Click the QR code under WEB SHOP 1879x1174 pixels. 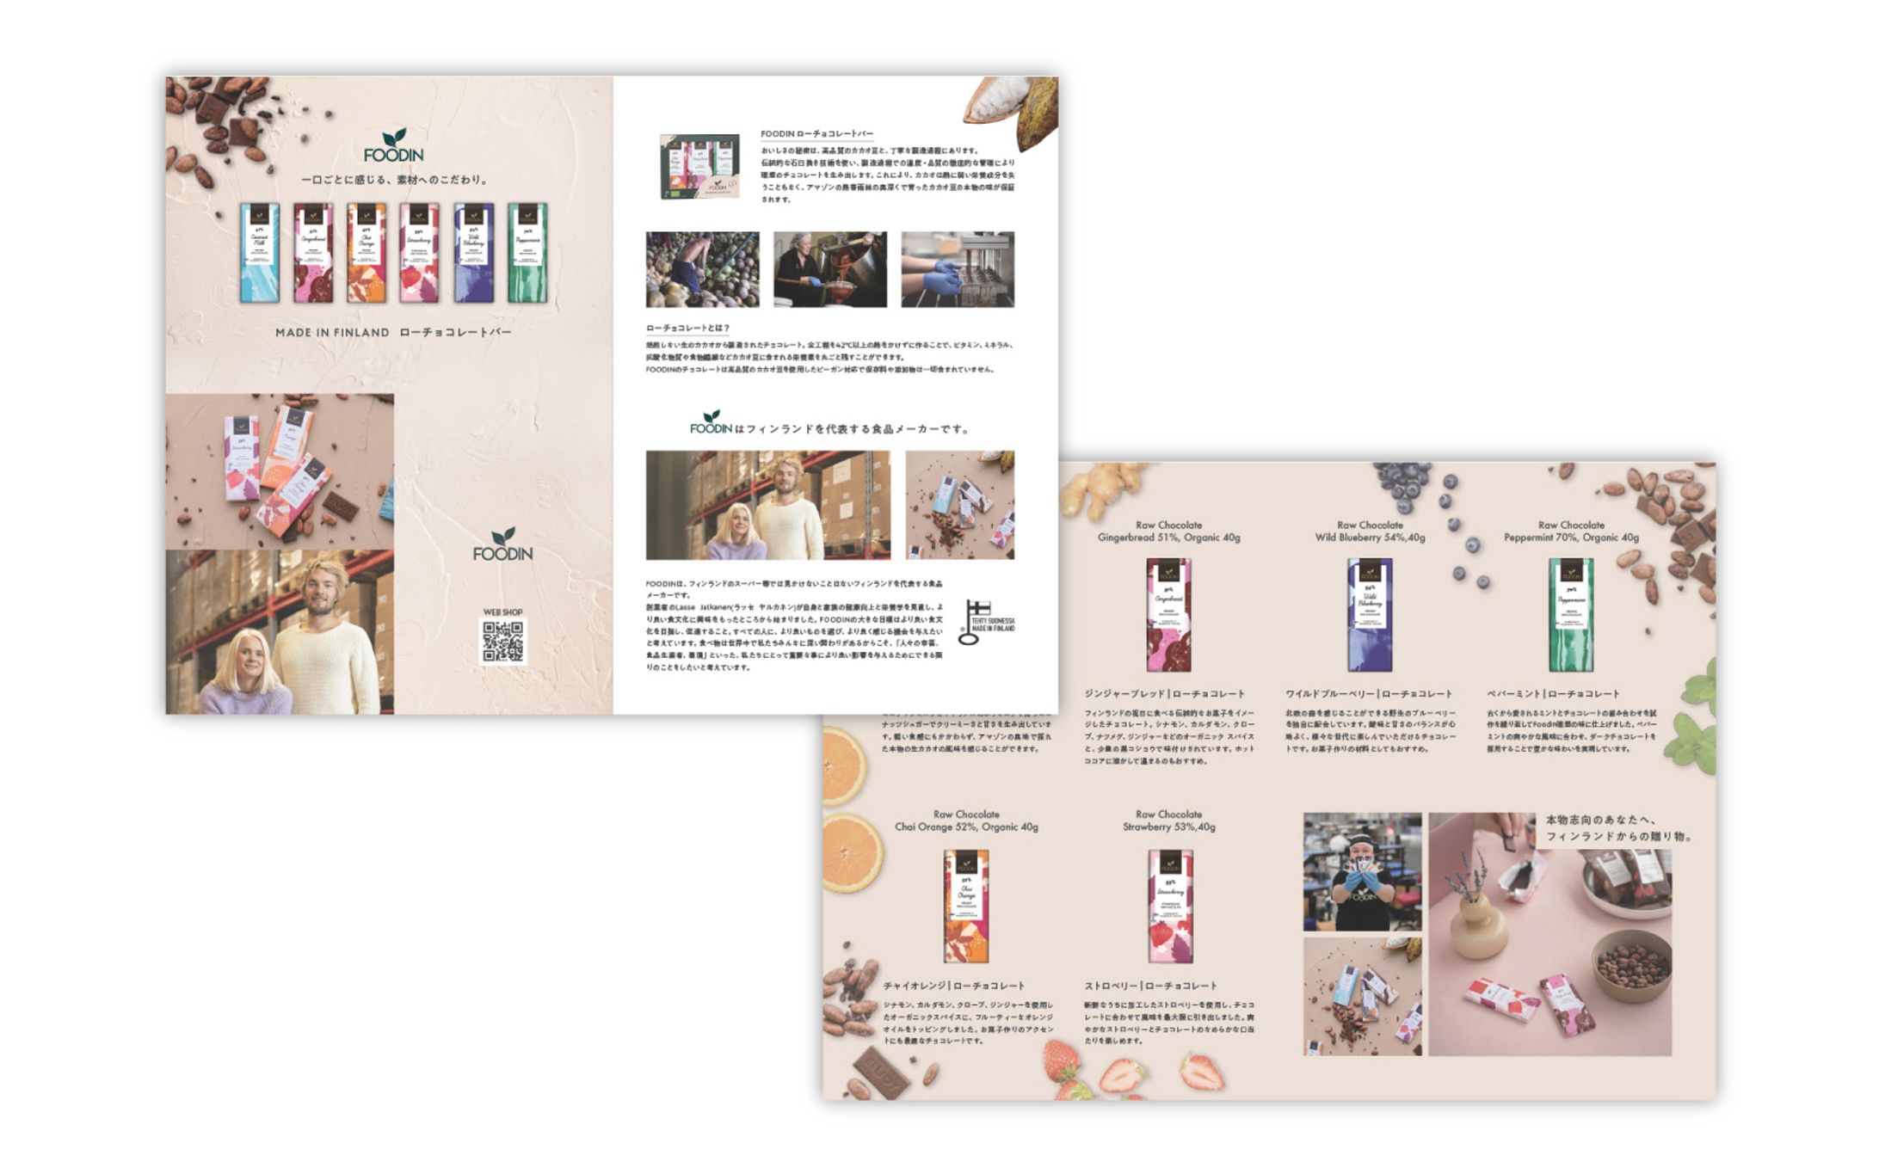pos(502,642)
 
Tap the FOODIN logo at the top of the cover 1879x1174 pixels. pos(393,147)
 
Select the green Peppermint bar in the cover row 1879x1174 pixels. pos(527,252)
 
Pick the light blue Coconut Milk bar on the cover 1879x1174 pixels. pos(259,252)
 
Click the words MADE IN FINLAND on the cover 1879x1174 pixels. pos(332,333)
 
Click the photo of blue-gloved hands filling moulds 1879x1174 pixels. pos(957,269)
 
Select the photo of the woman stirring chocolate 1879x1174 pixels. pos(829,269)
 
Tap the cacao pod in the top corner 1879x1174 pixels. pos(1015,107)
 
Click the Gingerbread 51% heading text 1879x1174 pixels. pos(1168,538)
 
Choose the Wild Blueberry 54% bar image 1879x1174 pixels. pos(1370,614)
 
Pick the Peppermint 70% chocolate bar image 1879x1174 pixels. pos(1571,614)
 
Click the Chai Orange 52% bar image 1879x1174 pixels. pos(966,906)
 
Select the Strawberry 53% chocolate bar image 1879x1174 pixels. pos(1169,906)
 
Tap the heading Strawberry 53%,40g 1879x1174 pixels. pos(1168,827)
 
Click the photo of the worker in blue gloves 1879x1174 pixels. pos(1362,872)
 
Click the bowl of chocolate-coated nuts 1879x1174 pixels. pos(1630,965)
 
